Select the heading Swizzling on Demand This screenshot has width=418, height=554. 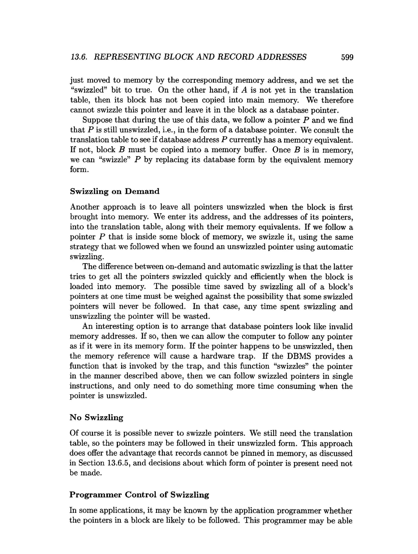[x=115, y=191]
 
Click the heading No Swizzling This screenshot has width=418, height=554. [x=96, y=417]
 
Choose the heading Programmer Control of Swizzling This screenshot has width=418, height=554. [x=139, y=495]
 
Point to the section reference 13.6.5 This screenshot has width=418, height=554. [x=118, y=463]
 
